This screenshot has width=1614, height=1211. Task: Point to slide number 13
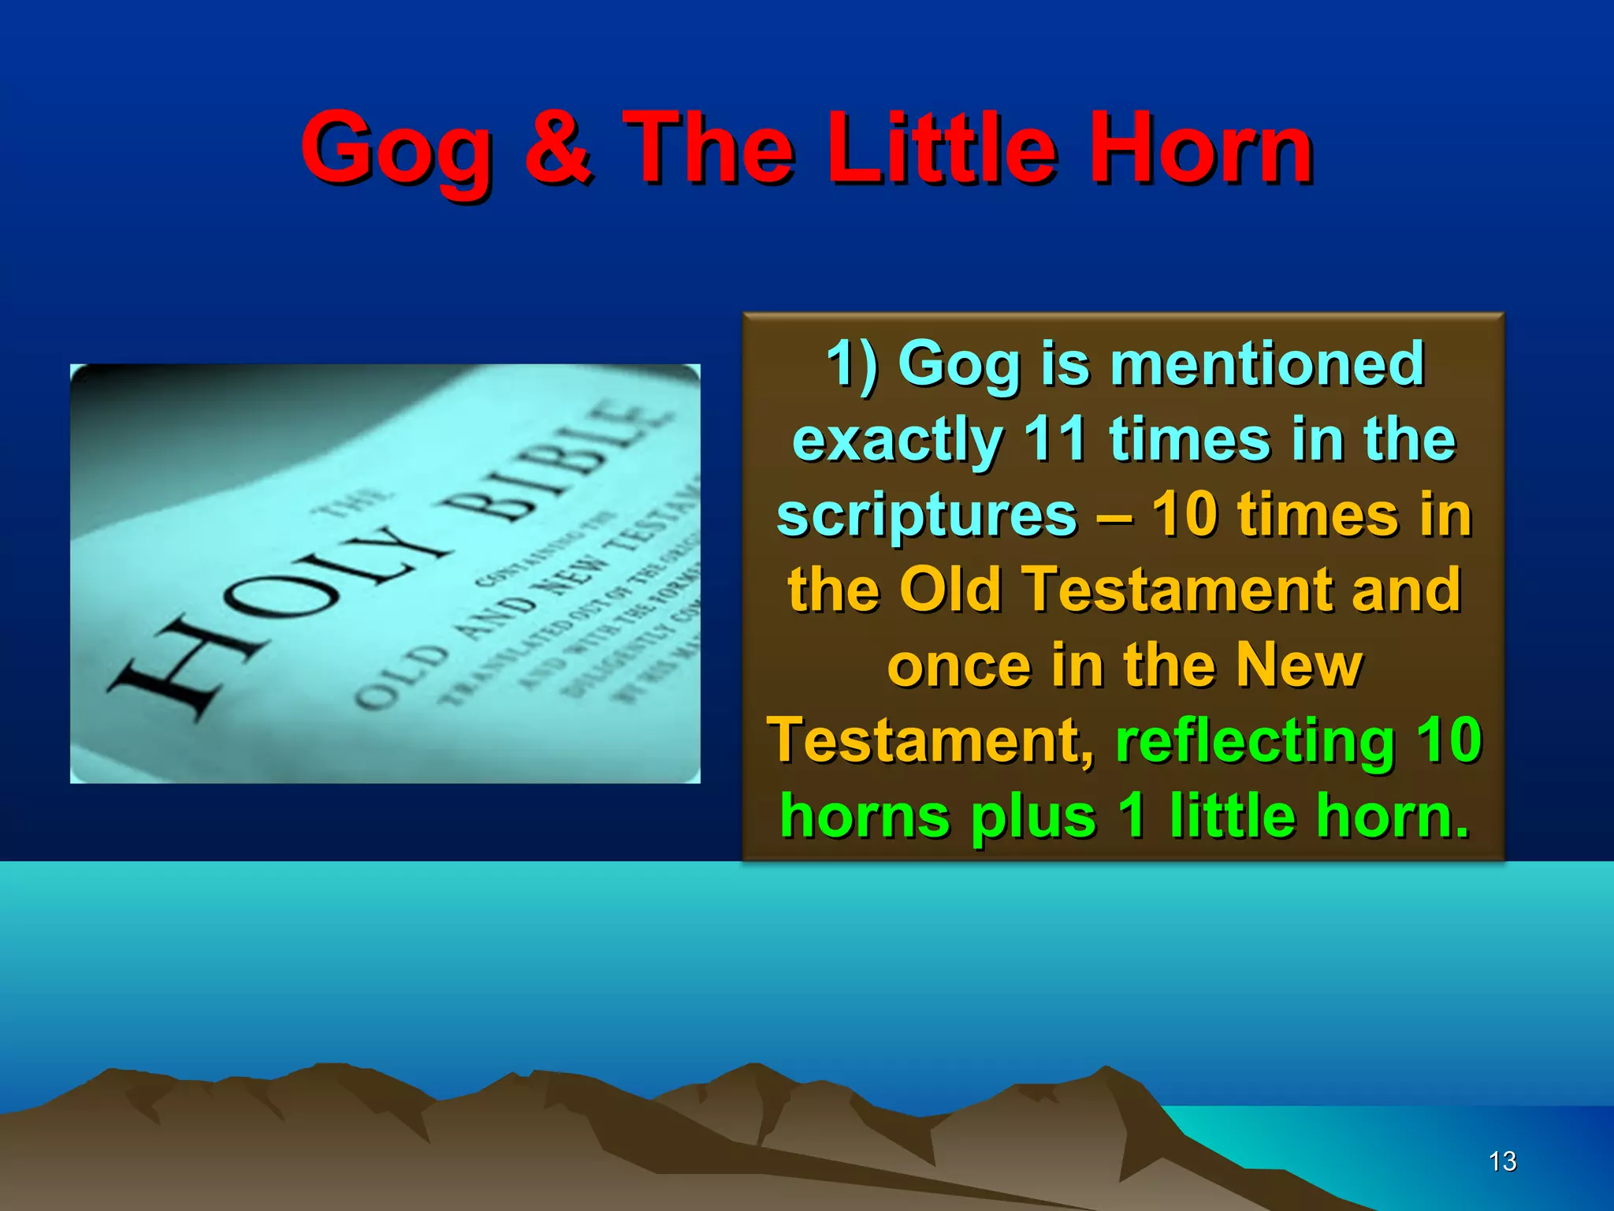pos(1502,1161)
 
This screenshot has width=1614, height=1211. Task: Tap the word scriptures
pos(927,515)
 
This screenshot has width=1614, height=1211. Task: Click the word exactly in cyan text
pos(898,440)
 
